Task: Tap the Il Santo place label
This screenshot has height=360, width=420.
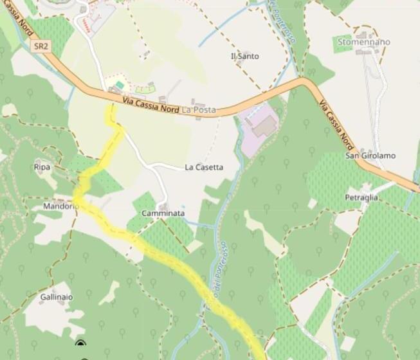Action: pos(244,57)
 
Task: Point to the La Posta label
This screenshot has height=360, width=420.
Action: pos(199,111)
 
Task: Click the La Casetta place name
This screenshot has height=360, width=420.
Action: pos(204,167)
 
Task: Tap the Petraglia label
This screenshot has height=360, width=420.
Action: pos(361,197)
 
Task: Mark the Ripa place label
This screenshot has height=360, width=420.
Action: pos(42,167)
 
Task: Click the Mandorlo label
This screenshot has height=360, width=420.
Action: pos(60,206)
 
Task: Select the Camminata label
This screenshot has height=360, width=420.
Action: pos(163,213)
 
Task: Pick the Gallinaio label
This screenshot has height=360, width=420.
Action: pos(57,298)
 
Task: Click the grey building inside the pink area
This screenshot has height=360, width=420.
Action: pos(264,127)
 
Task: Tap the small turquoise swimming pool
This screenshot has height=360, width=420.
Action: pos(120,85)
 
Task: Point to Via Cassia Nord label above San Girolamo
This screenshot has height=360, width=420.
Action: pos(336,122)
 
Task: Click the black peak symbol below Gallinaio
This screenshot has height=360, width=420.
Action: pos(80,343)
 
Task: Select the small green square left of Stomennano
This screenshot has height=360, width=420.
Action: pos(343,44)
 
